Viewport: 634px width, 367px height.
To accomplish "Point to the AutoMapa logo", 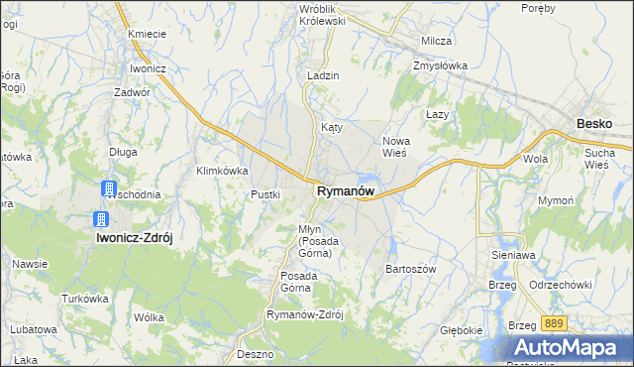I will (573, 348).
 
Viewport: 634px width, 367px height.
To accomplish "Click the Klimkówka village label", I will (222, 171).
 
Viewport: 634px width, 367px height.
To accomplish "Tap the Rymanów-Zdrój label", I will (304, 314).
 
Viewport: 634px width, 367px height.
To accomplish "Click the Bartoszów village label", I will (410, 269).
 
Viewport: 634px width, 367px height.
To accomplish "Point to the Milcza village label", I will (436, 41).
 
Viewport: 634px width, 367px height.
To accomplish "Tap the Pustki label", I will (266, 194).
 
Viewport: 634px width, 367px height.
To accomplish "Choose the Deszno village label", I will (255, 353).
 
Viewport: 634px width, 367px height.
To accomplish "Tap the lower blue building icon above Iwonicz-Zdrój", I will (99, 219).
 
